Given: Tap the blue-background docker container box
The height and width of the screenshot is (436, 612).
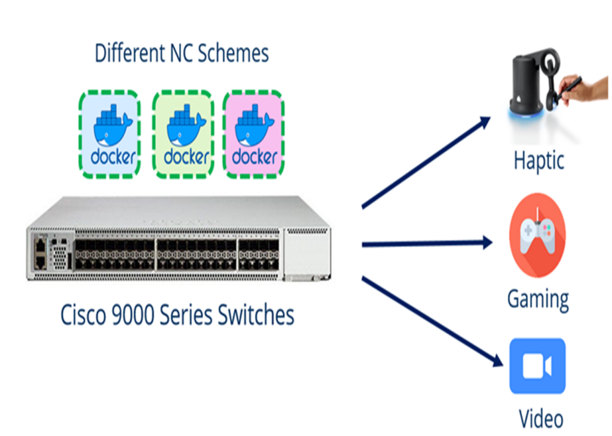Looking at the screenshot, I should [109, 133].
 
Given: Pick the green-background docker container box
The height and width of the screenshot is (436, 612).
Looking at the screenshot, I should [182, 133].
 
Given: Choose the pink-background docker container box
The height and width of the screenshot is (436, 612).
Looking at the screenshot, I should [253, 133].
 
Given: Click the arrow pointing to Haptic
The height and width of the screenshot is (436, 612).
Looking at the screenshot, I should [426, 163].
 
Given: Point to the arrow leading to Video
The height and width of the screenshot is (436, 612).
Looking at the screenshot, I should [430, 320].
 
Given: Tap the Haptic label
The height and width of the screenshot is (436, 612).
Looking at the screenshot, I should [538, 161].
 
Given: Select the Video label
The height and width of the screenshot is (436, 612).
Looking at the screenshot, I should [540, 418].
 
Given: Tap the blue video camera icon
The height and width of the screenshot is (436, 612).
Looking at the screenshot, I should [537, 366].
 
